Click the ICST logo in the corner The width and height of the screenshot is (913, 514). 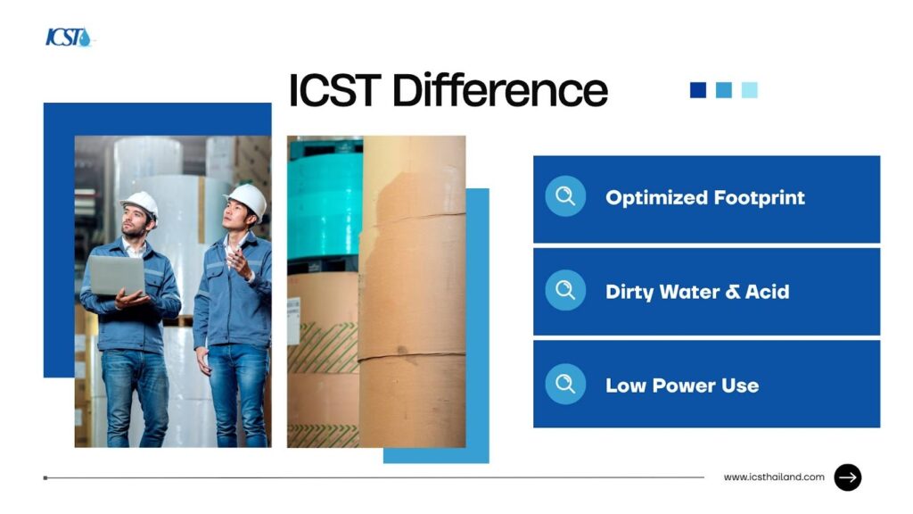(69, 37)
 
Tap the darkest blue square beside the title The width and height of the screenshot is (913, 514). (697, 90)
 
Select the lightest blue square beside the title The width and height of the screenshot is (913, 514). (749, 90)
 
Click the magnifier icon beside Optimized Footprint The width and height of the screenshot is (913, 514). (565, 196)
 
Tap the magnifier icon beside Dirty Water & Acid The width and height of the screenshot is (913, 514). (565, 290)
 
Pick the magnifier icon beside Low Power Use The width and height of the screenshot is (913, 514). (565, 384)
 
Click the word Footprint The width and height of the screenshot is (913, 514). (760, 198)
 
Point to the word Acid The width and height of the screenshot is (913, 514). (767, 292)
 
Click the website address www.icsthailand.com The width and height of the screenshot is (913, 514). (774, 477)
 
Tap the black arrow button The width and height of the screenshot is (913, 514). (847, 477)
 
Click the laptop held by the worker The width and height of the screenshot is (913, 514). (117, 275)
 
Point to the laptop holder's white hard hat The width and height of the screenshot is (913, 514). (140, 204)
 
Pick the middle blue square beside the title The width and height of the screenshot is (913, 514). (723, 90)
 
